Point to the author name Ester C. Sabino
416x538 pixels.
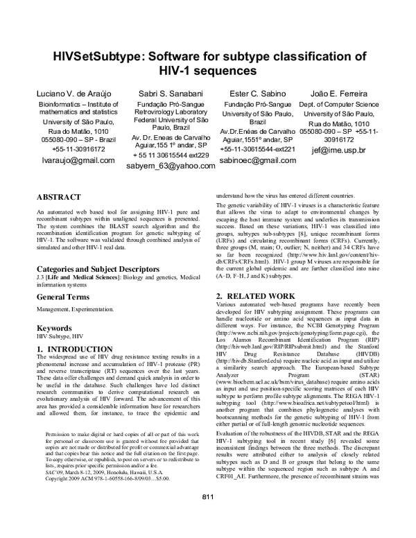pos(257,93)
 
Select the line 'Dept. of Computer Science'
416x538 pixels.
pos(344,104)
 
